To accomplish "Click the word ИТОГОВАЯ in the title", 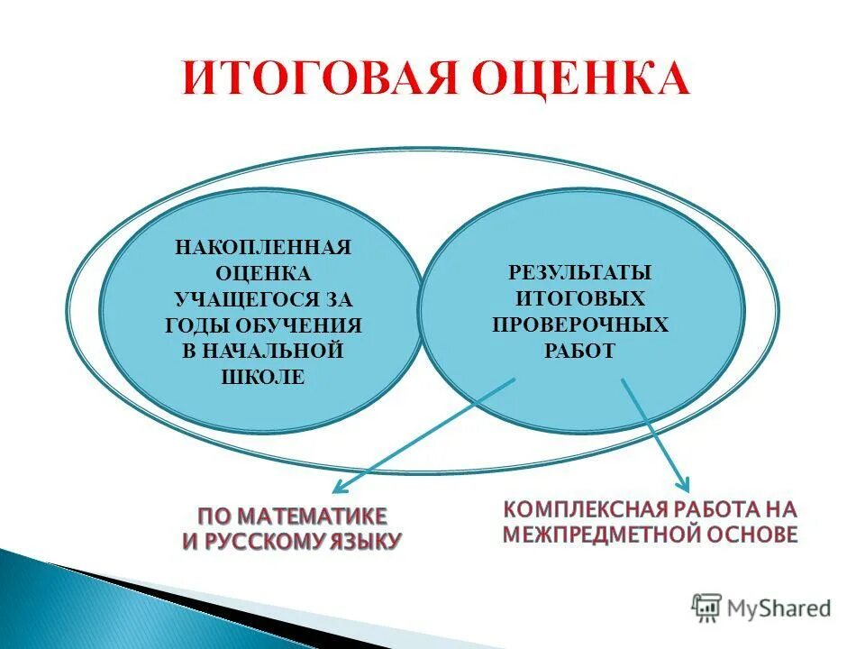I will point(309,78).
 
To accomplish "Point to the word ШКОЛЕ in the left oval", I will point(262,377).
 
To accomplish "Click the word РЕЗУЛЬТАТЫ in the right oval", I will point(579,271).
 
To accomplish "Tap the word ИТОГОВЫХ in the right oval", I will point(579,297).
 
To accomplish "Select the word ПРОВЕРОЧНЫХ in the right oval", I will point(579,324).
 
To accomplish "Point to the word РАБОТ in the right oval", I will point(579,351).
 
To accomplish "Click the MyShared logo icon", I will point(707,607).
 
